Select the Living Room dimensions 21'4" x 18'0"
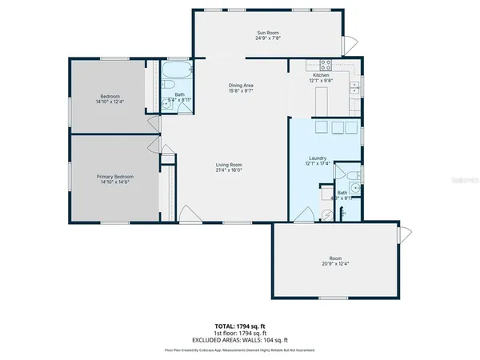[229, 170]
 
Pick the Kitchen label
[319, 76]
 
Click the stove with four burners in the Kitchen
[326, 65]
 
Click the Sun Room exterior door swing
[346, 43]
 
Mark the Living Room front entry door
[185, 213]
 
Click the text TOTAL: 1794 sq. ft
[239, 327]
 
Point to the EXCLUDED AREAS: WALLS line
[239, 342]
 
